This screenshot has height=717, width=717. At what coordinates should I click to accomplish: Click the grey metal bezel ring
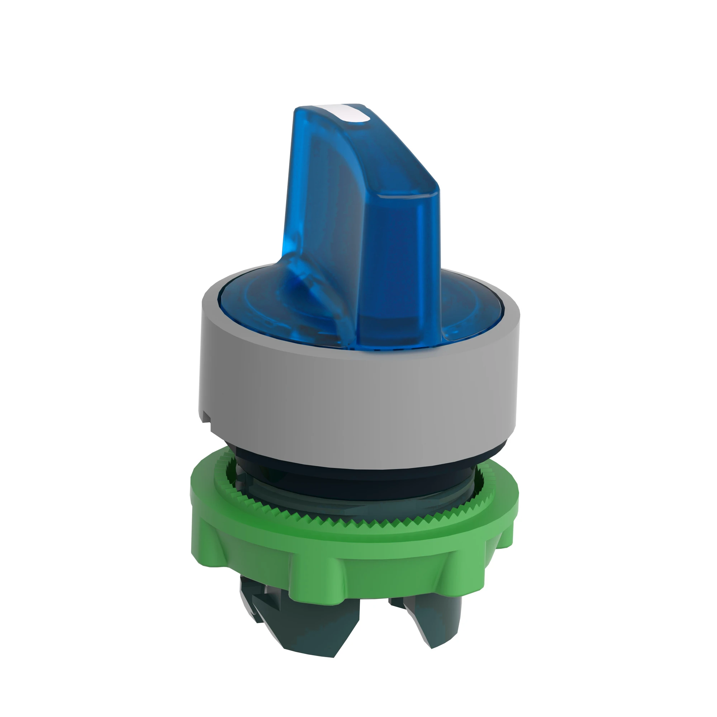click(x=356, y=401)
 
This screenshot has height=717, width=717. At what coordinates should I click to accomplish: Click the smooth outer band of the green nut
click(x=356, y=549)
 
